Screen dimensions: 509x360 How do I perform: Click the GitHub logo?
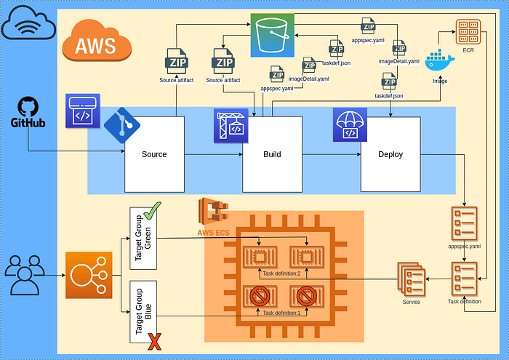click(x=28, y=112)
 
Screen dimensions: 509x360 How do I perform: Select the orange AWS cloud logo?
click(x=97, y=41)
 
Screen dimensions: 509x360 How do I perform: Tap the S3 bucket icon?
click(x=273, y=35)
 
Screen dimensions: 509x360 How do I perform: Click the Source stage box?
click(x=154, y=154)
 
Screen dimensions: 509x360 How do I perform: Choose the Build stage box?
click(x=273, y=154)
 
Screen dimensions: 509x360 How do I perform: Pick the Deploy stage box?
click(x=390, y=154)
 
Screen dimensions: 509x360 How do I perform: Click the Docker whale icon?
click(x=440, y=60)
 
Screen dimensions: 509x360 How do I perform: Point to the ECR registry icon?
click(x=468, y=32)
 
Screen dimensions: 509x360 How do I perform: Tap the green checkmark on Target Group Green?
click(x=153, y=211)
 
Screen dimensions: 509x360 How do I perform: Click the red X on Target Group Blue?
click(x=154, y=342)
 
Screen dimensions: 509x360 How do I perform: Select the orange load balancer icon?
click(x=89, y=275)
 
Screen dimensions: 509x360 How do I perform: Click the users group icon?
click(x=25, y=275)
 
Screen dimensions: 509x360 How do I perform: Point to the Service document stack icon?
click(x=412, y=279)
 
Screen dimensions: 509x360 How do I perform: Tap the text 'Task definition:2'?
click(x=281, y=273)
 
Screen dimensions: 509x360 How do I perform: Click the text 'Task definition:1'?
click(x=281, y=313)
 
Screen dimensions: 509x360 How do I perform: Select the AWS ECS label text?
click(x=213, y=233)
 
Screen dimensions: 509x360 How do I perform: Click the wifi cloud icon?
click(x=28, y=23)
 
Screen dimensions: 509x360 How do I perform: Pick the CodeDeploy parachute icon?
click(x=350, y=125)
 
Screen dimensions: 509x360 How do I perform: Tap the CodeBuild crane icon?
click(x=231, y=126)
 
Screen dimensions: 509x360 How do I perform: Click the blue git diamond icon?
click(x=122, y=125)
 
